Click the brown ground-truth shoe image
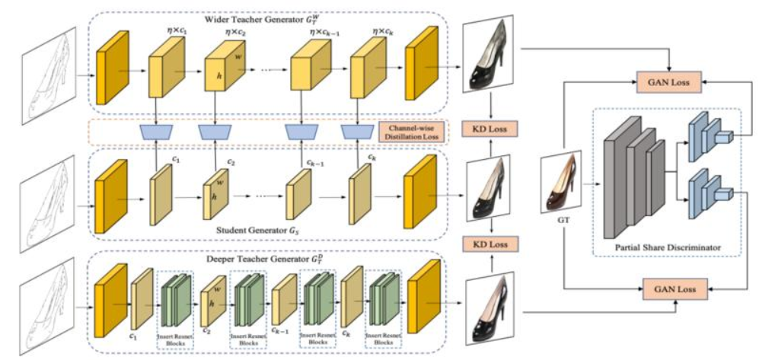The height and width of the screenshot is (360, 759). pyautogui.click(x=562, y=183)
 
